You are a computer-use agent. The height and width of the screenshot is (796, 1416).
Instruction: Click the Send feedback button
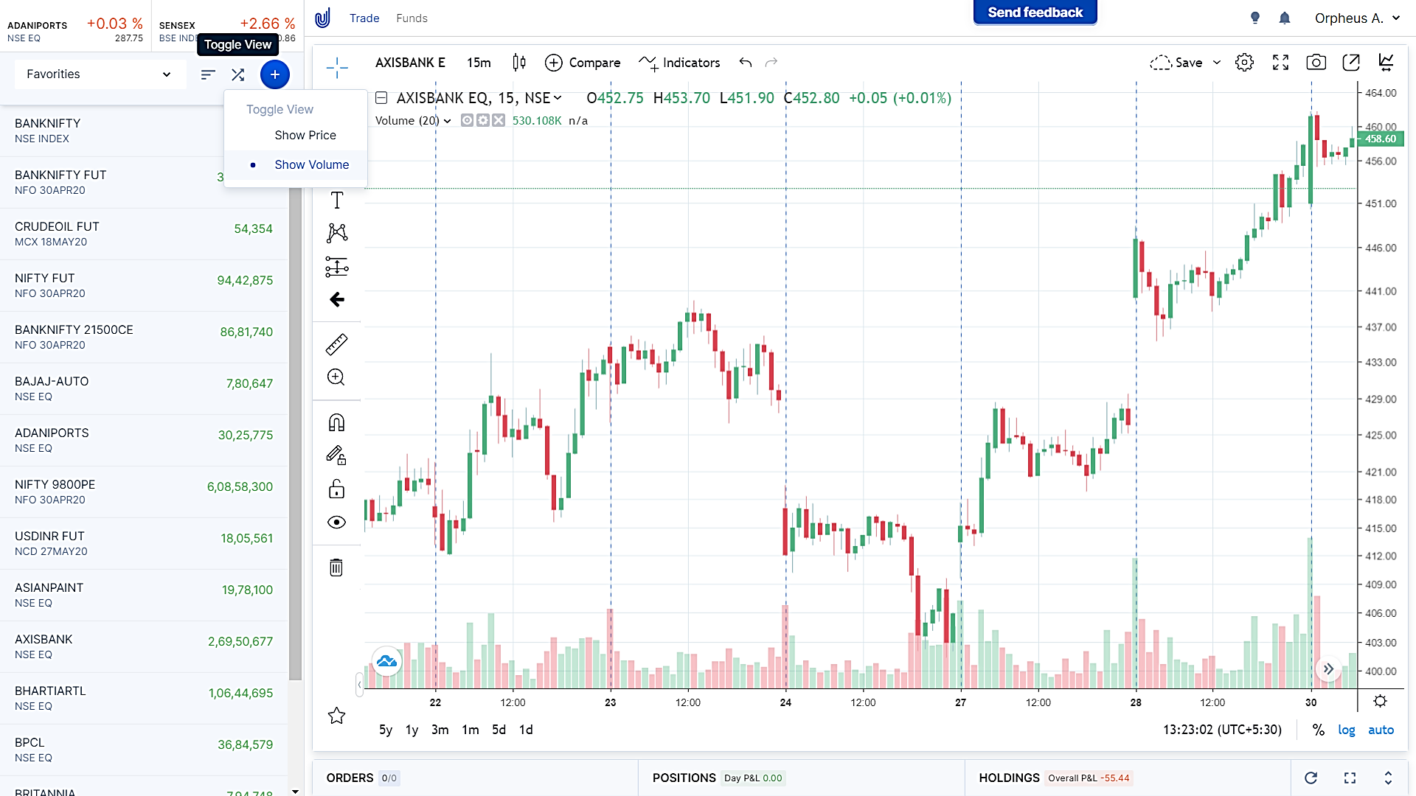1035,13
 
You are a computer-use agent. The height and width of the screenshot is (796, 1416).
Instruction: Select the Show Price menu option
305,135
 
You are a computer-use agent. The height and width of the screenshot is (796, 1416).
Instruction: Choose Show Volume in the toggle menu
311,164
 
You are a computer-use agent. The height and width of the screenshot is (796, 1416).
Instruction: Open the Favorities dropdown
99,74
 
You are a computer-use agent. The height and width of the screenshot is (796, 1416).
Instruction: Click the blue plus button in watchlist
274,74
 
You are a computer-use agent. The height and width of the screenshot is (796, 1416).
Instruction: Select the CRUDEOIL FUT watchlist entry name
57,226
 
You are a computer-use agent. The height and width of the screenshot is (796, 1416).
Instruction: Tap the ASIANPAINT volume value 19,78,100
247,590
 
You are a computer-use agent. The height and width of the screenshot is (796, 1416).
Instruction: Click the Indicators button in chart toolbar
680,63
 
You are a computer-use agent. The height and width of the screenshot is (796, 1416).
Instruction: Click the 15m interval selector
479,63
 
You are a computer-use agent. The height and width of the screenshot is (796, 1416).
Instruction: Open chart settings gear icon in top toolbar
1244,63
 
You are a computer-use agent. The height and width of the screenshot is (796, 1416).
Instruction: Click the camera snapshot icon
1316,63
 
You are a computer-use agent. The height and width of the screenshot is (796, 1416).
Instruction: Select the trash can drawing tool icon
336,568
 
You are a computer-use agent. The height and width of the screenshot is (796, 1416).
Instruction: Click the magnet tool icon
336,422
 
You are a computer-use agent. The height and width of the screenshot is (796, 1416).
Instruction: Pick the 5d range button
499,730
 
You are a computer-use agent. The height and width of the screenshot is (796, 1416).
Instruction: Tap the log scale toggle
1346,730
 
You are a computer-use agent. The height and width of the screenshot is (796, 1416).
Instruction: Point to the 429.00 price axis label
1381,399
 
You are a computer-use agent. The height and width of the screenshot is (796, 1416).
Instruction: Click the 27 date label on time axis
960,702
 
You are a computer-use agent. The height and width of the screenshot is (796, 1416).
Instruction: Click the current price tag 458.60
1380,139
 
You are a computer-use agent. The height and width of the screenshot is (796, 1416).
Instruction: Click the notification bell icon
1284,18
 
